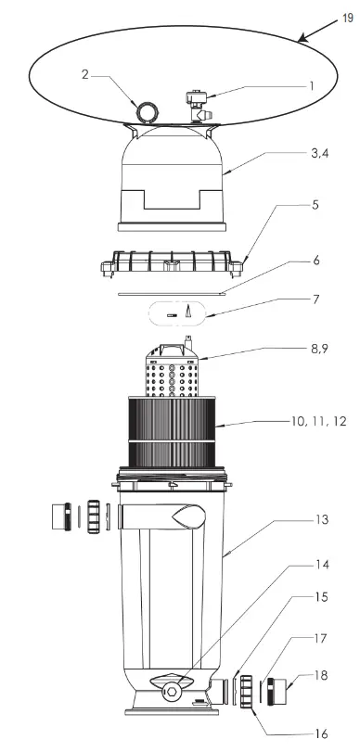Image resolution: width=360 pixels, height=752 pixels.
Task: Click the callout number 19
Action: [x=348, y=19]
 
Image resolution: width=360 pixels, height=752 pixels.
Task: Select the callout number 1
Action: [x=311, y=86]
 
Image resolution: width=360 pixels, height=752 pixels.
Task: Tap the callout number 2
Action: [x=85, y=75]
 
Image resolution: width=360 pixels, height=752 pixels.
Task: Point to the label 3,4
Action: [x=320, y=154]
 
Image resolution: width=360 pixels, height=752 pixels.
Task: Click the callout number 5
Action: [x=315, y=205]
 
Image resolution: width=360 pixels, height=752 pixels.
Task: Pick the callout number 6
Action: [x=315, y=261]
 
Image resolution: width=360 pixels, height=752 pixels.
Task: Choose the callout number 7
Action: [x=315, y=299]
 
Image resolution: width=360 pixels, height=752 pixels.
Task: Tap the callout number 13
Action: [x=322, y=519]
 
